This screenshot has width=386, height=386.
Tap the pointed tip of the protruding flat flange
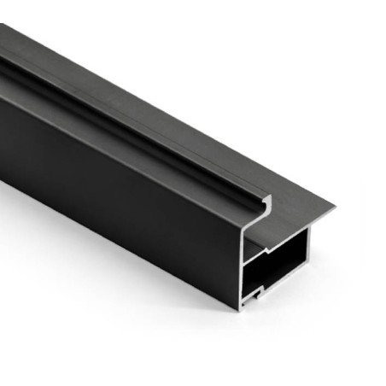point(334,206)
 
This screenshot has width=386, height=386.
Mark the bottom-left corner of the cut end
point(241,305)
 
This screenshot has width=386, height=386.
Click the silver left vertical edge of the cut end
point(243,265)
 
